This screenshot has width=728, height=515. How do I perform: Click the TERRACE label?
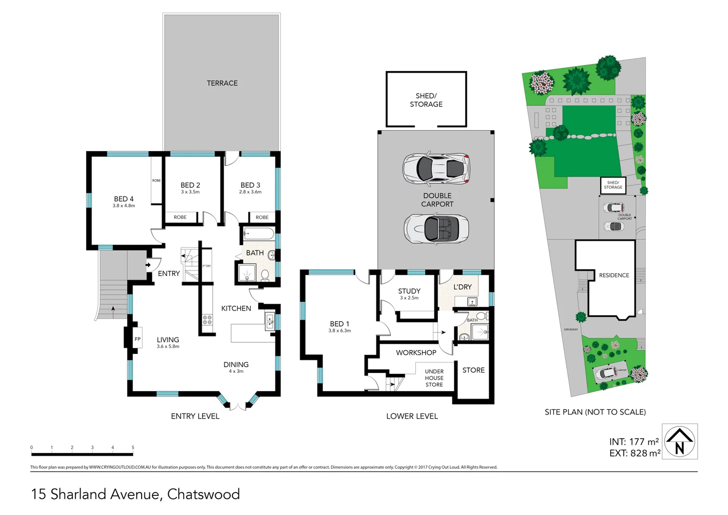coord(222,83)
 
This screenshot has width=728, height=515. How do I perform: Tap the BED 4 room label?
coord(123,199)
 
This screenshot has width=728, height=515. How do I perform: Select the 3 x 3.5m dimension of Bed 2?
coord(190,192)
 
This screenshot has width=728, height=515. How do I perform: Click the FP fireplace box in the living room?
coord(137,339)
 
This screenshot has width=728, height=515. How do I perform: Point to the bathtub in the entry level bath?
coord(258,234)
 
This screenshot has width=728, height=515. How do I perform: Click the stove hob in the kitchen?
coord(207,319)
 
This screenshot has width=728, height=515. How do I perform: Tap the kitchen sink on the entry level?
coord(269,321)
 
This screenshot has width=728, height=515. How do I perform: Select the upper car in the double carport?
coord(436,168)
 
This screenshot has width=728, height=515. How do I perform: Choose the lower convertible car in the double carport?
coord(436,228)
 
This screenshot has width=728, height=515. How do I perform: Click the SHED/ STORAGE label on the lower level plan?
coord(426,100)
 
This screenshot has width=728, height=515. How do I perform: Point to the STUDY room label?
coord(409,291)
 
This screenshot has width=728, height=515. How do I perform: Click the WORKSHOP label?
coord(416,353)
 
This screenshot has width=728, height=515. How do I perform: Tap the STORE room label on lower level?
coord(473,370)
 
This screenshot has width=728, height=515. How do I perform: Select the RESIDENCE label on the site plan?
coord(614,275)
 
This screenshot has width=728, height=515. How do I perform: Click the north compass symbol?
coord(679,442)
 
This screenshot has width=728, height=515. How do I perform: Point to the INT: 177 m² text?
coord(634,442)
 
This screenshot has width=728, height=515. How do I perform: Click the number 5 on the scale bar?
coord(133,447)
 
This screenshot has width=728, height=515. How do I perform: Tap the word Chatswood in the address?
coord(204,494)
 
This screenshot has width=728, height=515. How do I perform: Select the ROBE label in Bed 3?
coord(262,217)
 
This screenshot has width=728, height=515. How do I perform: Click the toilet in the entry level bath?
coord(265,275)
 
